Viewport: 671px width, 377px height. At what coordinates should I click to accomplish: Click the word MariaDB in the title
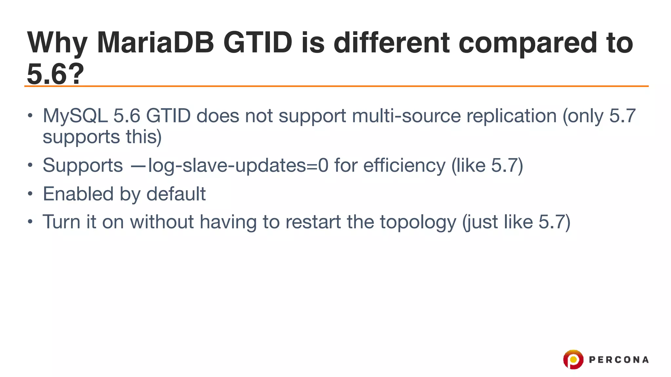[x=155, y=43]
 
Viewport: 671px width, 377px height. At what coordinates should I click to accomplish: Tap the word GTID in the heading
[x=258, y=43]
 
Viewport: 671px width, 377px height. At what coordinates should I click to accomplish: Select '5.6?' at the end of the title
[x=55, y=74]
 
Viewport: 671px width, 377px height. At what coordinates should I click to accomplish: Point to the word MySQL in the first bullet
[x=75, y=116]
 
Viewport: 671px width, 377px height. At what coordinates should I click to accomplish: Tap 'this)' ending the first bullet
[x=144, y=137]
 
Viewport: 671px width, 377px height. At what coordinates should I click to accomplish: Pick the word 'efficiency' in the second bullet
[x=404, y=166]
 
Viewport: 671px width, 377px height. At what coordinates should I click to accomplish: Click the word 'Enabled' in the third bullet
[x=78, y=194]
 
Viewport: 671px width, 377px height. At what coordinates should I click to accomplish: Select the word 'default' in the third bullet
[x=176, y=194]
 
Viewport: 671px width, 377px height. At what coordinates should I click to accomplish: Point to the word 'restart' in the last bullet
[x=313, y=222]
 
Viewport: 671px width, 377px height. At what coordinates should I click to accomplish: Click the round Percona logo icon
[x=573, y=359]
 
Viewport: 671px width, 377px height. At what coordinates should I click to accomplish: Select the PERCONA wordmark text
[x=619, y=360]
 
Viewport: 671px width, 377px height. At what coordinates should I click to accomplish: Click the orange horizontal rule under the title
[x=336, y=86]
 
